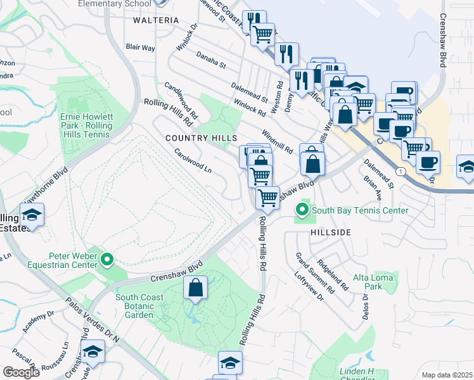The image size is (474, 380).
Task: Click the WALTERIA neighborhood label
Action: point(156,20)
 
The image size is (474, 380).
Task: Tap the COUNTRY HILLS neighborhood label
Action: point(201,138)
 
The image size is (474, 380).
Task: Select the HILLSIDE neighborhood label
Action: point(331,233)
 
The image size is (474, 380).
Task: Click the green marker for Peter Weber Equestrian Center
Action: point(108,258)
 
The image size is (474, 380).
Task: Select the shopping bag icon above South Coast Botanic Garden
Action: point(196,288)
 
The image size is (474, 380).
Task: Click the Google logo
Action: point(21,372)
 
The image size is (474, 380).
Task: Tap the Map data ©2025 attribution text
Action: point(447,375)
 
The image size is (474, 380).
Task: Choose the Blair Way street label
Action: point(140,47)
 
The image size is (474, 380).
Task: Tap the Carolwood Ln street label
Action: point(193,161)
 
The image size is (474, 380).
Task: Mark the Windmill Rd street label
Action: point(277,141)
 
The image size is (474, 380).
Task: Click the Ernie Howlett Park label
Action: point(86,122)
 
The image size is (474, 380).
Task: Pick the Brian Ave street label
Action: point(371,187)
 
